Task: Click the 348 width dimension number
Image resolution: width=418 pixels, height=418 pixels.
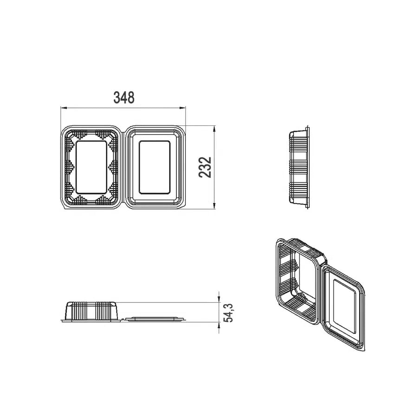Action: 124,98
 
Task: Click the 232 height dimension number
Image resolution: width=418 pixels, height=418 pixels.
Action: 205,167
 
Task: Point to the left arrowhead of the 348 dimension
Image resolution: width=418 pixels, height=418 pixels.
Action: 64,108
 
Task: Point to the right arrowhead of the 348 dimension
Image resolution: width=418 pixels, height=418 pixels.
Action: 183,108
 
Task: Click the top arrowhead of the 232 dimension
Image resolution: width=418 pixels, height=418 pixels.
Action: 214,129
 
